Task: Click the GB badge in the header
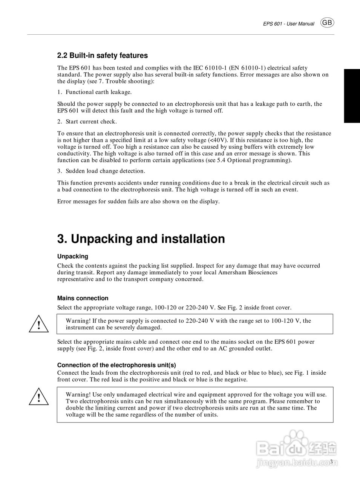coord(327,23)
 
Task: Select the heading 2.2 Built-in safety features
coord(102,55)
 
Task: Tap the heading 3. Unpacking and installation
coord(141,239)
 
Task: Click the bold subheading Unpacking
coord(73,256)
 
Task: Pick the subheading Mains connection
coord(83,298)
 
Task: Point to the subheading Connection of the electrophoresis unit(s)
coord(116,365)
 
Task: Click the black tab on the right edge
coord(352,96)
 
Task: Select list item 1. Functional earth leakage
coord(94,92)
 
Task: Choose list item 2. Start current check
coord(87,122)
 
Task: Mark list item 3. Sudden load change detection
coord(101,171)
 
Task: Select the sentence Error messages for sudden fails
coord(138,202)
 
